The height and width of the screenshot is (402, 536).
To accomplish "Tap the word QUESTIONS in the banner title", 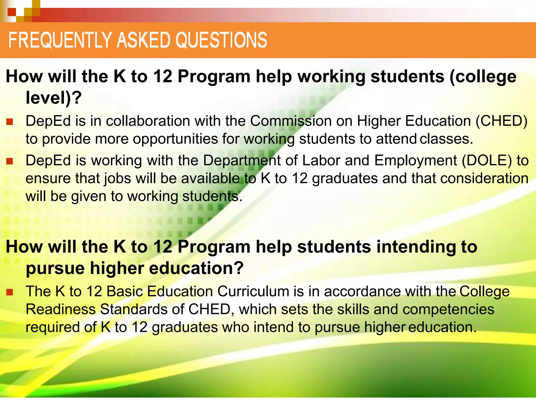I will [x=221, y=40].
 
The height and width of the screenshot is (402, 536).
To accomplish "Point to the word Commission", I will [x=291, y=121].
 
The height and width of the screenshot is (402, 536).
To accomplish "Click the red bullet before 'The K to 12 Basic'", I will [x=10, y=292].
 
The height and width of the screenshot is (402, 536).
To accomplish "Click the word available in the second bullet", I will [x=210, y=178].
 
